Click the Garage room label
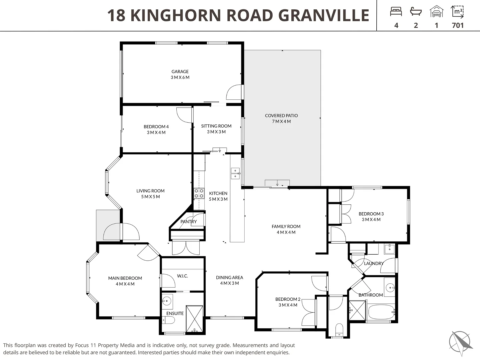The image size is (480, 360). [180, 71]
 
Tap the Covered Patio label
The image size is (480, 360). [281, 115]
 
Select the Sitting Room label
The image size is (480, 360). [216, 126]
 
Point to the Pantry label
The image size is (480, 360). [189, 221]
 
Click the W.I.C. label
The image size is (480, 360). [182, 276]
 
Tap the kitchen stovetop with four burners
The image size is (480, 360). [199, 193]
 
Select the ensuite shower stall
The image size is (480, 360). [194, 319]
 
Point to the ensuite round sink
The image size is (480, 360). [167, 301]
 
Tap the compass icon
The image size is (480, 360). [460, 342]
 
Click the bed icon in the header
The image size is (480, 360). [396, 12]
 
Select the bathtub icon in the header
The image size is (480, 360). [416, 12]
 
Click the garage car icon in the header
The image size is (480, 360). [436, 11]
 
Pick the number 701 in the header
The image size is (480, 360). [458, 25]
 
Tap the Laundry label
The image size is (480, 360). [374, 263]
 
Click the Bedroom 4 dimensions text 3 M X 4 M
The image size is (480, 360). [156, 132]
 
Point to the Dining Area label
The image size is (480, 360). [229, 277]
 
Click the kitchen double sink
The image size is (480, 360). [235, 173]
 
